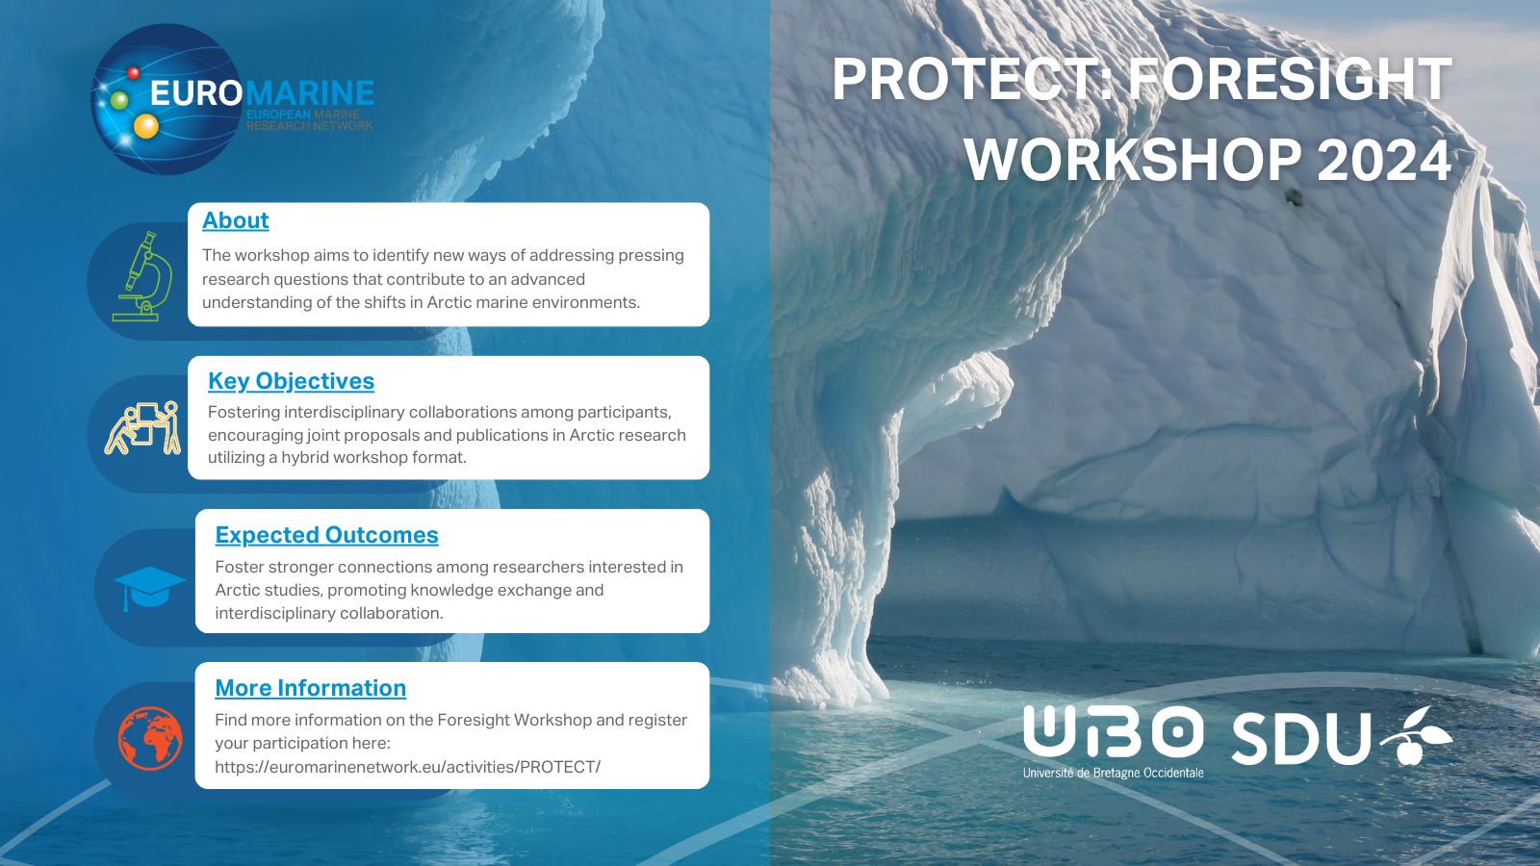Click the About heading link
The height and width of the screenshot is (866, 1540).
(235, 220)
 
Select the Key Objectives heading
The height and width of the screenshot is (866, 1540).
(291, 381)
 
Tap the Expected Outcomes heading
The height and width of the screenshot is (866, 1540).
(326, 535)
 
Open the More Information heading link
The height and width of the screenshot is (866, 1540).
(310, 688)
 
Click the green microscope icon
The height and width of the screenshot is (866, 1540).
(143, 276)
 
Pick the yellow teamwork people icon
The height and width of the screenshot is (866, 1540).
(142, 428)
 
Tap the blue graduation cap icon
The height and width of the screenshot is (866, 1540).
(149, 589)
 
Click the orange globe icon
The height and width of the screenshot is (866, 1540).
(150, 738)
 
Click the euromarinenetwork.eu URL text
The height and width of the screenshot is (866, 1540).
(408, 766)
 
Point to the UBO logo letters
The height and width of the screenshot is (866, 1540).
(1113, 731)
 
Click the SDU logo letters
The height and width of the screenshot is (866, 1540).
(1301, 739)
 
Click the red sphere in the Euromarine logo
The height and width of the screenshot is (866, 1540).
(134, 72)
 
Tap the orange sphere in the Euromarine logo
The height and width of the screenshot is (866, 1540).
(145, 126)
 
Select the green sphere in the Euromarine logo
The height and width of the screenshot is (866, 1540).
(119, 100)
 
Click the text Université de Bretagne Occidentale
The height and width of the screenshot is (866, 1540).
(1113, 773)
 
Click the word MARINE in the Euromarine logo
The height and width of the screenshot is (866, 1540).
(309, 92)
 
